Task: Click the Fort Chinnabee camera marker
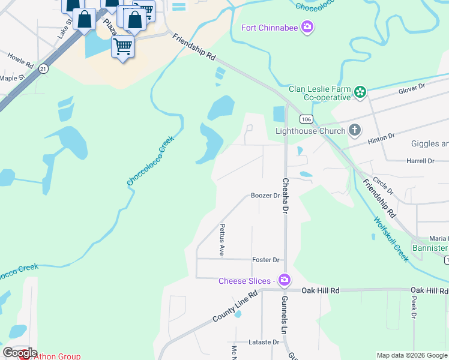(x=307, y=27)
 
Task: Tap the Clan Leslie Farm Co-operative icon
(x=360, y=92)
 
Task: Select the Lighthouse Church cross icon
(x=355, y=130)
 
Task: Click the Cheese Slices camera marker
(x=285, y=280)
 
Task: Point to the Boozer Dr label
(x=265, y=196)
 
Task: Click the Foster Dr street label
(x=267, y=260)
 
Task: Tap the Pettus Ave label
(x=222, y=240)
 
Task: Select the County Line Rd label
(x=235, y=307)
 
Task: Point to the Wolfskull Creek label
(x=391, y=239)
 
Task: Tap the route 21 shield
(x=43, y=69)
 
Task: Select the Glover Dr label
(x=412, y=87)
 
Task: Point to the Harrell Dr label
(x=420, y=161)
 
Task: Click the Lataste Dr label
(x=264, y=342)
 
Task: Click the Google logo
(x=20, y=353)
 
